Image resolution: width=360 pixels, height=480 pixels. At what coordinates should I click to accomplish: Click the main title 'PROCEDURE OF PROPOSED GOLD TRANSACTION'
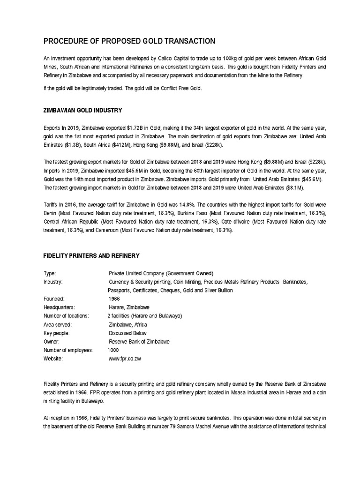coord(129,41)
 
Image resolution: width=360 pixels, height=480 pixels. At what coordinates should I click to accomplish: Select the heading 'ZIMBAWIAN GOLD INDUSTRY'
coord(82,110)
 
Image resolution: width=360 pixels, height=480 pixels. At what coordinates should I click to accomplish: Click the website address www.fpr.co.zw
coord(125,359)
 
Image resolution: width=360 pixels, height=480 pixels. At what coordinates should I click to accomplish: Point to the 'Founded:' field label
coord(54,299)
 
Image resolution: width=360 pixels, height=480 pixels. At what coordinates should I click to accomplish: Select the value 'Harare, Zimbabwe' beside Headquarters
coord(129,307)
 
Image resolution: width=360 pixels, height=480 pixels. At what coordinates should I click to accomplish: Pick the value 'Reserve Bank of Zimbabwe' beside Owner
coord(139,342)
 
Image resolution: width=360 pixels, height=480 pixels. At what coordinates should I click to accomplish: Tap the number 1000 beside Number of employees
coord(113,350)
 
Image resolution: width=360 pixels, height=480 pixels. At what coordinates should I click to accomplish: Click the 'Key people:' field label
coord(56,333)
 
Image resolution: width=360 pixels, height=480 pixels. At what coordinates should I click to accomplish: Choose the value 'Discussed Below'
coord(127,333)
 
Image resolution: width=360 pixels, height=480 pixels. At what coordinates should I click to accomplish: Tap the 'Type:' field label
coord(50,273)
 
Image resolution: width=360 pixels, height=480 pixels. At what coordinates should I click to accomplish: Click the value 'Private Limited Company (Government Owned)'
coord(161,273)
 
